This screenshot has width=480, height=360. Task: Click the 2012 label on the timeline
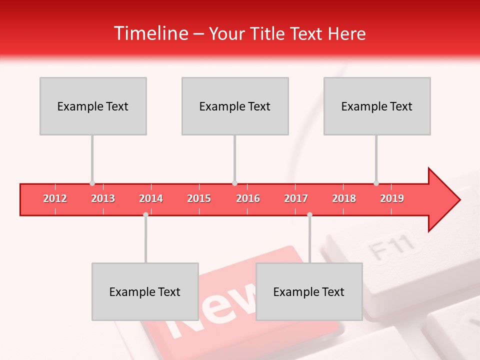pos(55,198)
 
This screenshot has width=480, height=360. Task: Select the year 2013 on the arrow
pos(103,198)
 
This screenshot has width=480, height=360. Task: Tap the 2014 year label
pos(151,198)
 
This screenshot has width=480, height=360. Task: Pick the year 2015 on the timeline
pos(199,198)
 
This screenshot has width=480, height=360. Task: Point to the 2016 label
pos(248,198)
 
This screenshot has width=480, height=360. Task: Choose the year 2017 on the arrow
pos(296,198)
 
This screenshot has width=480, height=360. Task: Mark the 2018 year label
pos(344,198)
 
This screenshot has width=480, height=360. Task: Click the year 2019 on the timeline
pos(392,198)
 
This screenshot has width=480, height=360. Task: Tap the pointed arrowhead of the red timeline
pos(445,200)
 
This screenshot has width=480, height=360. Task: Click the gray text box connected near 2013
pos(93,106)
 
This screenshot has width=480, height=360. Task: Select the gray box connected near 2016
pos(235,106)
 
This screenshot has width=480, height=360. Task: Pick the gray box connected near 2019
pos(377,106)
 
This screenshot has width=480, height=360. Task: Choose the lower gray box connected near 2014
pos(145,291)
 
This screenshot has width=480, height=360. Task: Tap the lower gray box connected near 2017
pos(309,291)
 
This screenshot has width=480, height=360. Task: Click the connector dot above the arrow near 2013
pos(92,183)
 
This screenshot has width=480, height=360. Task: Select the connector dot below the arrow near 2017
pos(309,214)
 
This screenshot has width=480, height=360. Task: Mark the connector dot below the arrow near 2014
pos(145,214)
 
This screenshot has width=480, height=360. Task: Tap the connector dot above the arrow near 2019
pos(376,183)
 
